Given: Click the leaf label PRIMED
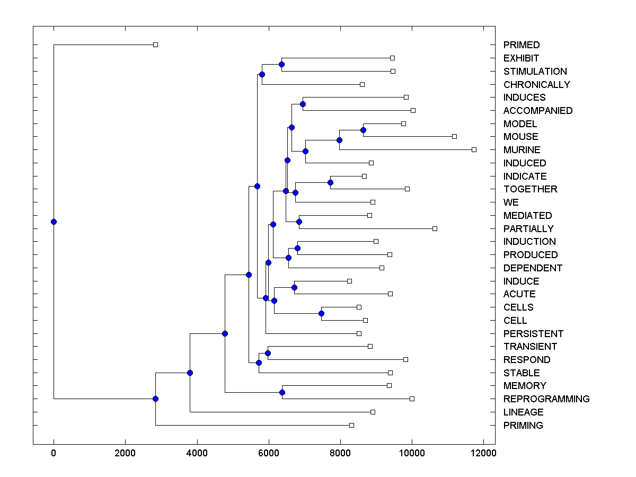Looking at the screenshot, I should (522, 45).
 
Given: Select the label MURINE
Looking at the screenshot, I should (522, 150).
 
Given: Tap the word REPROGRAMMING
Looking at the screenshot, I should (546, 399).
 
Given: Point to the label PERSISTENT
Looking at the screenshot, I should (533, 334).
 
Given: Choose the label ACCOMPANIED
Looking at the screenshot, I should (538, 111).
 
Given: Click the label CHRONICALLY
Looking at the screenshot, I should (536, 85).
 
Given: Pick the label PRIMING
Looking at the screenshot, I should (523, 426).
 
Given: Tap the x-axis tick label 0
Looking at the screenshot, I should (54, 453).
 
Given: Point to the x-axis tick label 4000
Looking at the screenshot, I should (197, 453).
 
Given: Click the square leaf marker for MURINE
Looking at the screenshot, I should (474, 149).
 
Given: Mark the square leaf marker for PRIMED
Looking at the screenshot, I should (155, 45).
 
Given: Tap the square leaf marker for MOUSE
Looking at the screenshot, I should (454, 136).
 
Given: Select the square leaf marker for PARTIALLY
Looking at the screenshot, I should (435, 228).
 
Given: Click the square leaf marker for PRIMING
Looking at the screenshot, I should (351, 425).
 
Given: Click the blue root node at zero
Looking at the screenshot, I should (54, 222).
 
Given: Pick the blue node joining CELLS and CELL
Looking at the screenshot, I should (321, 314).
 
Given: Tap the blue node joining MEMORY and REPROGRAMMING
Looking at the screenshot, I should (282, 392).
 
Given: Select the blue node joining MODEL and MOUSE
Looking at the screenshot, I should (363, 130).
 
